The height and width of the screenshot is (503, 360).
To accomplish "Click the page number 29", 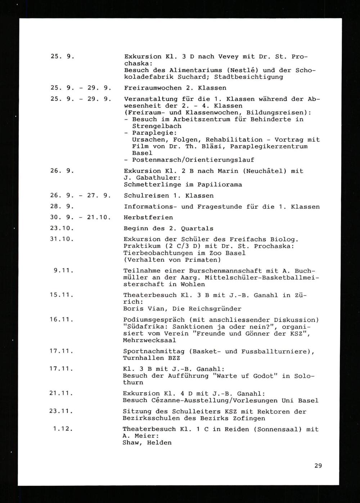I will [x=318, y=466].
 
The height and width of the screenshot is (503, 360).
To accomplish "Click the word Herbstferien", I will [x=148, y=217].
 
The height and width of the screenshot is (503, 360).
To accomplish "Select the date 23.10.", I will [x=62, y=228].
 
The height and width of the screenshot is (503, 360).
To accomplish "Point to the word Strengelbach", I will [x=157, y=126].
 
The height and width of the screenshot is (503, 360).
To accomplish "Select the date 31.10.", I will [x=62, y=239].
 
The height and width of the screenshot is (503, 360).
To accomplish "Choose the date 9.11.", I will [x=64, y=271].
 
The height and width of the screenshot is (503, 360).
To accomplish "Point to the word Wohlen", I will [x=193, y=284].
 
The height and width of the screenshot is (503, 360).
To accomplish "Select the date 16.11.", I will [x=62, y=320].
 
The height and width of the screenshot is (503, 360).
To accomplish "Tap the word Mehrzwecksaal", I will [x=149, y=340].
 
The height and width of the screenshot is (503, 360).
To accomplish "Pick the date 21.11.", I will [x=62, y=394].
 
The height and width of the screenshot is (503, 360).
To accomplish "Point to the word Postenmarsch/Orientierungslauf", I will [x=193, y=160].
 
